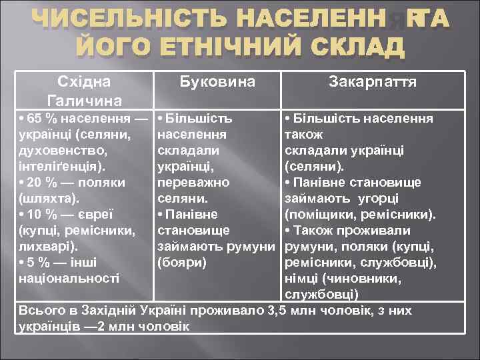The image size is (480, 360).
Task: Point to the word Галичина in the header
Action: [x=84, y=101]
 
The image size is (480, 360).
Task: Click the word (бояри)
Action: [x=182, y=263]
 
